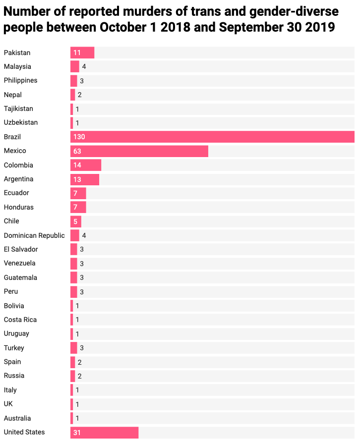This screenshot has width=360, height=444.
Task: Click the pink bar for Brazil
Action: [x=212, y=137]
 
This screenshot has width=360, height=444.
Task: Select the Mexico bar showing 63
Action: [x=139, y=151]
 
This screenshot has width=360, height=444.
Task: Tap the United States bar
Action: [x=104, y=433]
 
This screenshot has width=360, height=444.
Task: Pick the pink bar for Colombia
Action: [x=86, y=165]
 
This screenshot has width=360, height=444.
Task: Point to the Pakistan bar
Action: [x=82, y=53]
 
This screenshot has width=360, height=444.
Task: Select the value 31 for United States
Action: [x=77, y=433]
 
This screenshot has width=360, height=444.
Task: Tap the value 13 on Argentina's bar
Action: [x=77, y=179]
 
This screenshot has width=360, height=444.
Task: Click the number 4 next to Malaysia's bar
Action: [x=84, y=66]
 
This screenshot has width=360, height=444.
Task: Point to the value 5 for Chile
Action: [x=76, y=221]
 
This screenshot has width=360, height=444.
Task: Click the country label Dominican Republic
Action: [x=34, y=235]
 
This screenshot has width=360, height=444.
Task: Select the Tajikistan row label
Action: [x=18, y=109]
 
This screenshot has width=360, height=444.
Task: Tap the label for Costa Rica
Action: [x=20, y=320]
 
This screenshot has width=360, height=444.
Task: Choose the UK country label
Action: [x=8, y=404]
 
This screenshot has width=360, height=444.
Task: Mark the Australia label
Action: [x=17, y=418]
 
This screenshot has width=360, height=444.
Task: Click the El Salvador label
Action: [x=21, y=249]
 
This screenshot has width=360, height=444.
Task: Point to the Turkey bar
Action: [x=74, y=348]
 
